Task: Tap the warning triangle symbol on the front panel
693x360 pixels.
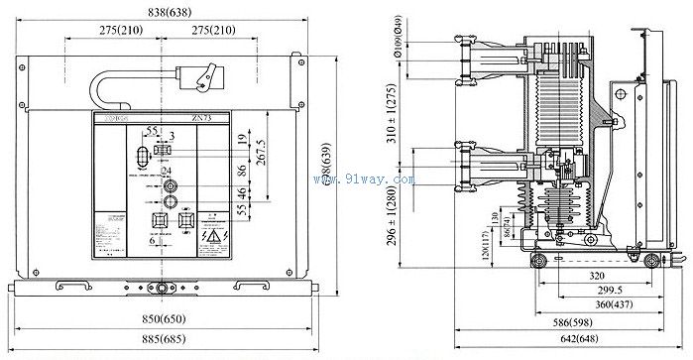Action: [212, 237]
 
